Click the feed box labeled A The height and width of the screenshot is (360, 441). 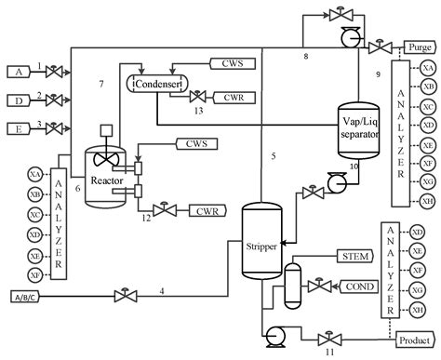click(x=18, y=71)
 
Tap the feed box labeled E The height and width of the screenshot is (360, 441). click(x=18, y=127)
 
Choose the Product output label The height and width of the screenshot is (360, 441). click(x=417, y=340)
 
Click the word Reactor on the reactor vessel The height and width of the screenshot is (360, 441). click(x=107, y=179)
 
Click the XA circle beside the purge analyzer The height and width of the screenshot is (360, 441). click(x=428, y=69)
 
